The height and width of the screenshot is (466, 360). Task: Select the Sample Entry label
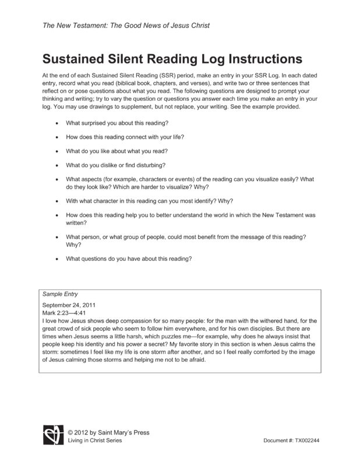[x=61, y=295]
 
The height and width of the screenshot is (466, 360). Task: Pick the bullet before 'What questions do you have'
[x=56, y=259]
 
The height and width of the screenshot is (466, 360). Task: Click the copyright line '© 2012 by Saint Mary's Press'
[x=108, y=433]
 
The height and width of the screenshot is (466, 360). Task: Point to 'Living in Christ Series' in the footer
[x=97, y=440]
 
